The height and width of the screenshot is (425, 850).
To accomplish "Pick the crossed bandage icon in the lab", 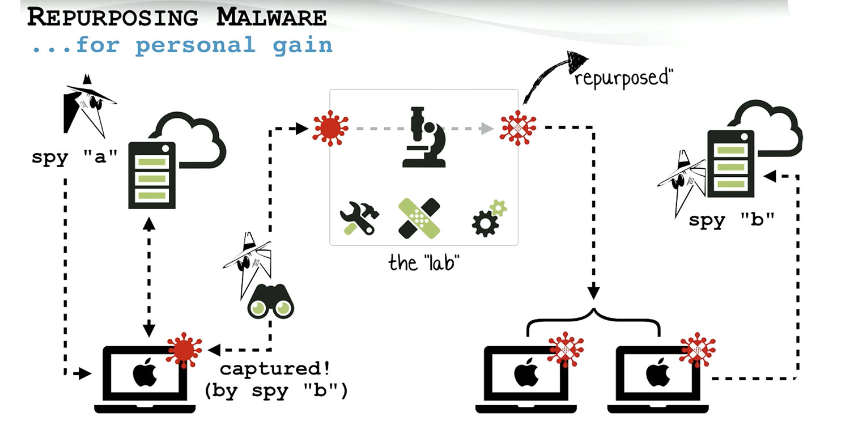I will [420, 218].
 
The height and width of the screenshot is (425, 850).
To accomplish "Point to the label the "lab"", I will [424, 262].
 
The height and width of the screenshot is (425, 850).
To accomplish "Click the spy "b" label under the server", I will [731, 220].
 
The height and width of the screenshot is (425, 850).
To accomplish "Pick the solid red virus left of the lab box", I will [331, 129].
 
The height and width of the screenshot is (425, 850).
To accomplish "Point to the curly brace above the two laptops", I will [594, 320].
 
